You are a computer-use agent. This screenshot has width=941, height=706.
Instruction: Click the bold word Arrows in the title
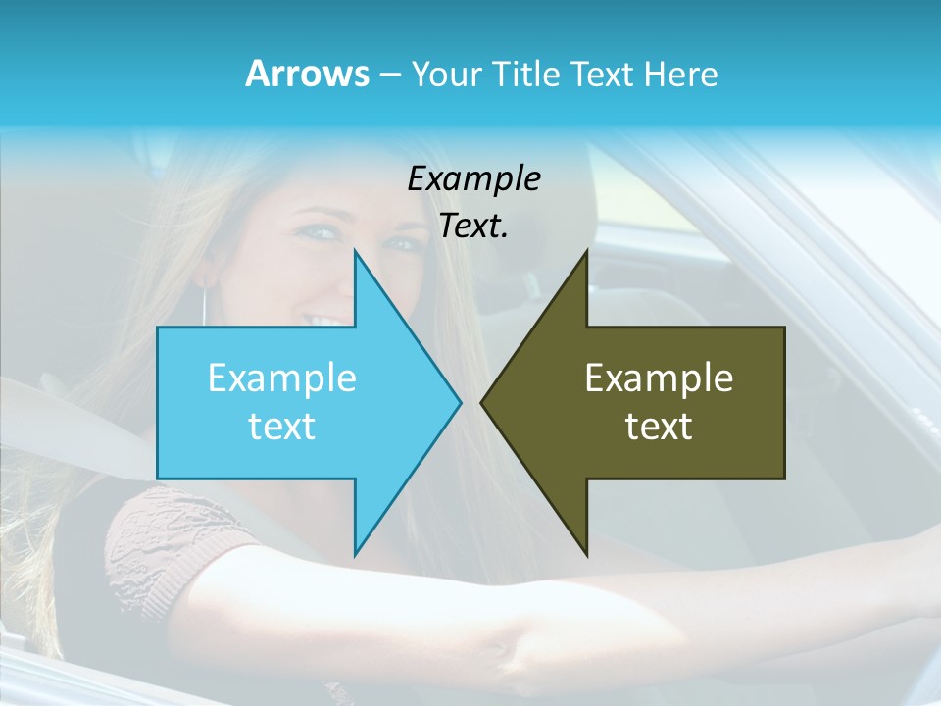point(306,74)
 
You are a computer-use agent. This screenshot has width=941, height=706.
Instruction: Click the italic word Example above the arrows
point(473,178)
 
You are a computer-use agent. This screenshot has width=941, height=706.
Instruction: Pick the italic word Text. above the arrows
point(473,226)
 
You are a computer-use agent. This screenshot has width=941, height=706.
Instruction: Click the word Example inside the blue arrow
point(282,378)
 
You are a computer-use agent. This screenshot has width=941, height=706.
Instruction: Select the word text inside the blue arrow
point(282,426)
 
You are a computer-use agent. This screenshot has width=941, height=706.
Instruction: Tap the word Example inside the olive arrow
point(659,378)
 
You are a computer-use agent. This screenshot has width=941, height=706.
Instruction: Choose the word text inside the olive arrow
point(659,426)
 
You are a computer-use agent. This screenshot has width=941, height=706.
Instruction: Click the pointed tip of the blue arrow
point(460,402)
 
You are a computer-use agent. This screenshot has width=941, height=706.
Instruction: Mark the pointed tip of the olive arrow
point(482,402)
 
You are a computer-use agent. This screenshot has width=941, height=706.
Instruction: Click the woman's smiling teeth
point(324,321)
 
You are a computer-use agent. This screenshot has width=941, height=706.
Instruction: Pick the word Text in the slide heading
point(604,75)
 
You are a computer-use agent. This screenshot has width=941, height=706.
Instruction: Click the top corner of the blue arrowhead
point(355,252)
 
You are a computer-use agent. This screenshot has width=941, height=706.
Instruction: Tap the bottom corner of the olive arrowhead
point(586,554)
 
